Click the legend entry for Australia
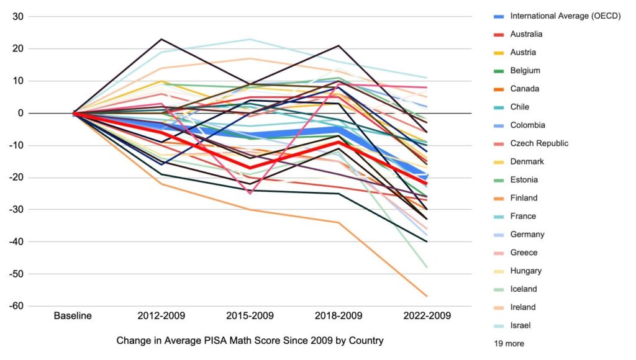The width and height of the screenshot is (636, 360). [525, 34]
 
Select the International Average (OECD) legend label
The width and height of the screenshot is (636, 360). [565, 16]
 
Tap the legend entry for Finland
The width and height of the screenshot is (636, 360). [523, 198]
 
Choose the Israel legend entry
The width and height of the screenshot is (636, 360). [520, 325]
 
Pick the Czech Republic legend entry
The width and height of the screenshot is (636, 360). [538, 143]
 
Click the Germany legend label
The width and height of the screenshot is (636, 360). [527, 234]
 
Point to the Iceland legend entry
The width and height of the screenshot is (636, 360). [524, 289]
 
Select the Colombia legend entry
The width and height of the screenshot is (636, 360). [527, 125]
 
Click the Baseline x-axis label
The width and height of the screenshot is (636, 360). [73, 315]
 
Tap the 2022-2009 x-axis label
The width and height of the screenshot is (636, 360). [427, 315]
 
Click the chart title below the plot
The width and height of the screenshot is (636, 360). [250, 340]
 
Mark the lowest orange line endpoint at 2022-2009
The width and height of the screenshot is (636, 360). [427, 296]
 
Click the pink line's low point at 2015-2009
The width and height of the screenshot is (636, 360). [250, 194]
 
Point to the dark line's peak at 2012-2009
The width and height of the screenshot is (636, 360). [161, 39]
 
